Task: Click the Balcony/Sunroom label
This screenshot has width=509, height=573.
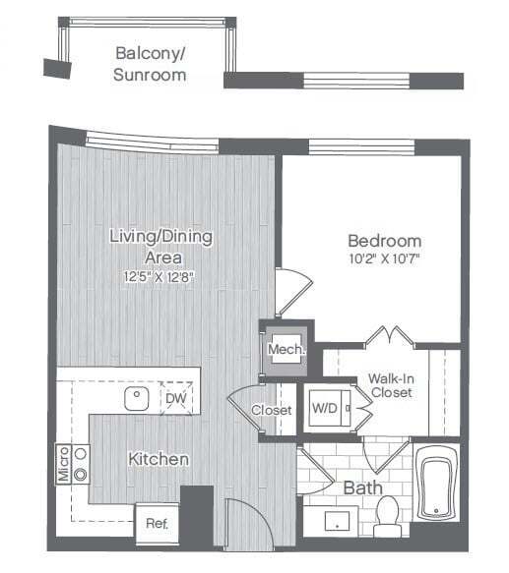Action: click(x=150, y=63)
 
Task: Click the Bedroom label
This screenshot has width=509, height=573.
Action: click(x=384, y=241)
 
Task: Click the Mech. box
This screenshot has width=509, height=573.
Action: click(x=286, y=348)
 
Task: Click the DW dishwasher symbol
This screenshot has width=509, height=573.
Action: click(x=175, y=397)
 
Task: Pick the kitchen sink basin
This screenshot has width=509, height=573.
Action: click(x=136, y=398)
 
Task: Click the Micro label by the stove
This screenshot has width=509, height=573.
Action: click(x=63, y=464)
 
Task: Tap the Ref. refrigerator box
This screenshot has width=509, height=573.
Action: click(x=156, y=523)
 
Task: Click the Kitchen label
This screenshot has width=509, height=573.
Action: click(x=158, y=459)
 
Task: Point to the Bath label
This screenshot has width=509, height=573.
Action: click(x=362, y=487)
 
